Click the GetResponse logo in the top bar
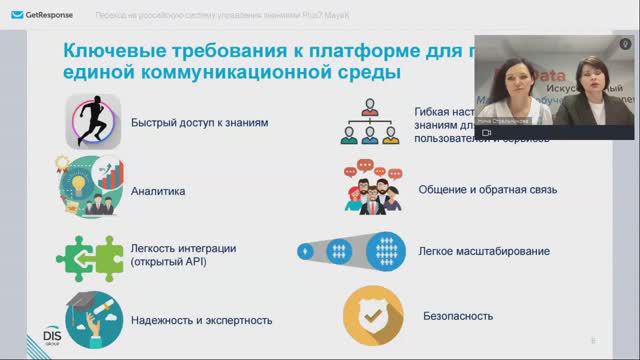38,18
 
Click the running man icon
93,122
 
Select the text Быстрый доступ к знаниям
185,123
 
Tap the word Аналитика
158,189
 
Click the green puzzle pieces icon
89,254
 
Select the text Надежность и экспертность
201,320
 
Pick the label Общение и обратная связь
487,189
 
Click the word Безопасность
458,316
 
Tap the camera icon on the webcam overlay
486,132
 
